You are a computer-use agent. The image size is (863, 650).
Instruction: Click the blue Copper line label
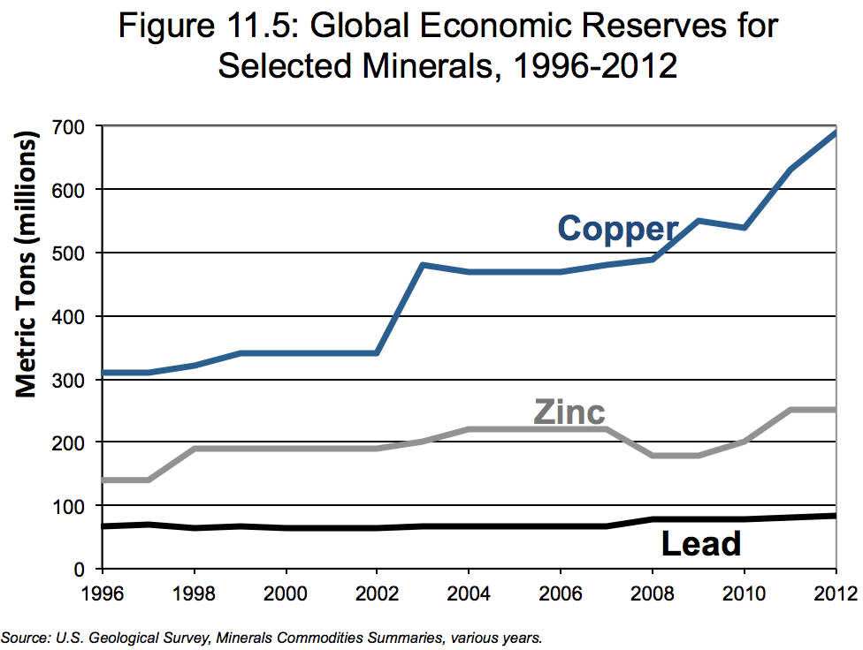click(x=617, y=229)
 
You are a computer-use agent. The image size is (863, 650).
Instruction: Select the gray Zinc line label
click(x=569, y=412)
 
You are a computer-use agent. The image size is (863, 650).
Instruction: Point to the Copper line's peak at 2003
click(x=424, y=265)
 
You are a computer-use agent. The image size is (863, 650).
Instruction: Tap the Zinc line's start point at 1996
click(x=103, y=480)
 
